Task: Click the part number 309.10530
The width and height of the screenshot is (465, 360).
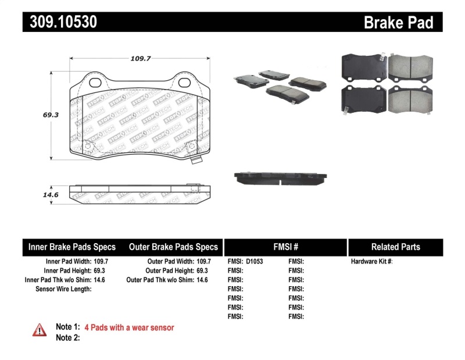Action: point(60,22)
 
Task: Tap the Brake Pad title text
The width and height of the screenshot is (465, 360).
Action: point(398,22)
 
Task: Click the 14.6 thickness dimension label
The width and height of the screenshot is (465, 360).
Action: point(51,195)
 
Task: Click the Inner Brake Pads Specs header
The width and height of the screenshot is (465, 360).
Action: point(72,247)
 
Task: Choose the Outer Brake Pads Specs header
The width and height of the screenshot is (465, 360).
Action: point(173,247)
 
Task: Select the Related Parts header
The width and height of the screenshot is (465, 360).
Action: point(395,247)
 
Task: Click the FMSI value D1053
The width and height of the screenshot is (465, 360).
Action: point(255,262)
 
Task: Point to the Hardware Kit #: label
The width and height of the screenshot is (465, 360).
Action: point(372,262)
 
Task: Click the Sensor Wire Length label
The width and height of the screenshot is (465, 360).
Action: point(63,289)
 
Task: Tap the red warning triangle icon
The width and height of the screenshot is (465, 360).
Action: point(40,330)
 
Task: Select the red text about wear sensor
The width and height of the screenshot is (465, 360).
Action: point(129,327)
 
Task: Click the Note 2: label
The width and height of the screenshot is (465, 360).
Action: point(67,338)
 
